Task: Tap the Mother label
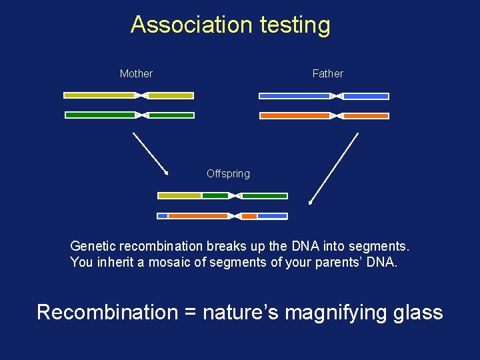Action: pyautogui.click(x=136, y=73)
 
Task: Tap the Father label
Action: pyautogui.click(x=327, y=73)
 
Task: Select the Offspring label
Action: pyautogui.click(x=228, y=173)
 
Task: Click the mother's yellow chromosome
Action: pyautogui.click(x=100, y=95)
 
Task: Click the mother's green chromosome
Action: pyautogui.click(x=100, y=115)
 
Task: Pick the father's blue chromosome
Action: pyautogui.click(x=293, y=96)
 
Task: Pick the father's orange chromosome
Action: pyautogui.click(x=293, y=116)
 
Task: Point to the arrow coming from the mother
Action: pyautogui.click(x=150, y=153)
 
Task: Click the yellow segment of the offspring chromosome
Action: pyautogui.click(x=179, y=196)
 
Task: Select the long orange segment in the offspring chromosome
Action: pyautogui.click(x=197, y=216)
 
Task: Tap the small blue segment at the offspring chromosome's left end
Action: pyautogui.click(x=162, y=216)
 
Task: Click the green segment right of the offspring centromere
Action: pyautogui.click(x=265, y=196)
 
